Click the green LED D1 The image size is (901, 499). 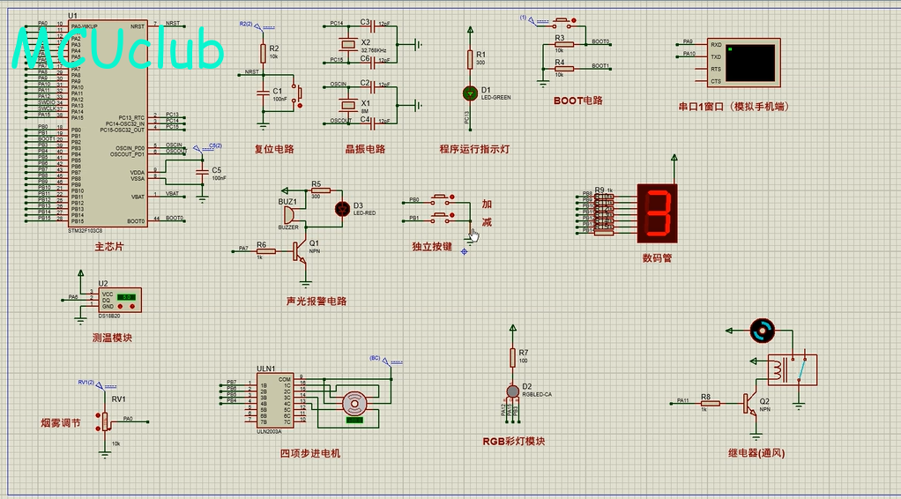click(x=469, y=92)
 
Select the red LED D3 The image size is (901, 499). click(x=343, y=209)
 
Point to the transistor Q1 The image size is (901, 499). click(x=302, y=251)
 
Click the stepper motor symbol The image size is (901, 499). click(x=354, y=404)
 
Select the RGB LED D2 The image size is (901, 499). click(x=512, y=391)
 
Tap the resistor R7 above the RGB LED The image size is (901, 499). click(x=512, y=357)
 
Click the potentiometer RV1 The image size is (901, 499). click(x=105, y=420)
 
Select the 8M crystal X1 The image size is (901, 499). click(x=345, y=104)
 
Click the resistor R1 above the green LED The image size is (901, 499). click(x=469, y=59)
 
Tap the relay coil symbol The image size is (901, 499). click(x=777, y=370)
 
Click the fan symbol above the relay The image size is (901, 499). click(x=760, y=331)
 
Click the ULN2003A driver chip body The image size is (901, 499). click(x=274, y=402)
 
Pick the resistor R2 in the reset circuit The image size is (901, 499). click(x=262, y=53)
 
